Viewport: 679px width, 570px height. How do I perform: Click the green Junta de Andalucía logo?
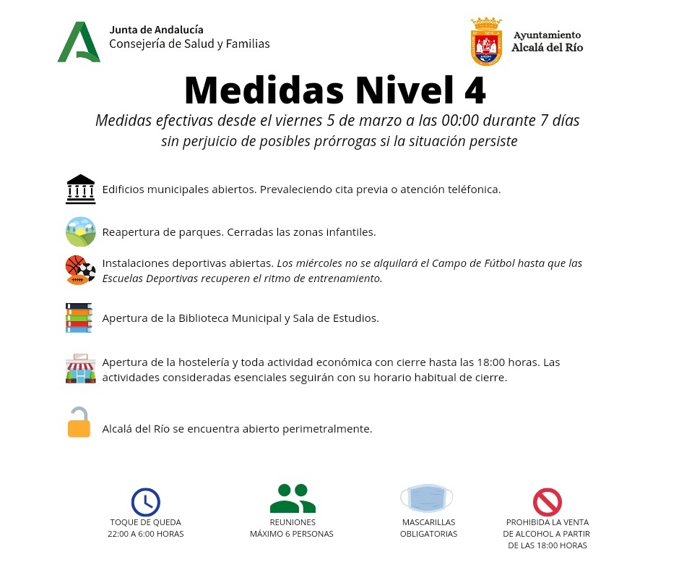(79, 42)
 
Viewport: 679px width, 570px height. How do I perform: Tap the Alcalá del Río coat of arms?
(486, 42)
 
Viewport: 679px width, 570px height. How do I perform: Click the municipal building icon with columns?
(80, 190)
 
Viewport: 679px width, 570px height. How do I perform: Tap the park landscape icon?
(80, 232)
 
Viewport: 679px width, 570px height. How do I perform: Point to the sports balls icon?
(80, 270)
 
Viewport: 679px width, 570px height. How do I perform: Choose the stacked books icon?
(79, 318)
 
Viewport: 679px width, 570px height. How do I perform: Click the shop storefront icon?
(79, 369)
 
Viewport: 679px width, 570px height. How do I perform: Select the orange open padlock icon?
(79, 423)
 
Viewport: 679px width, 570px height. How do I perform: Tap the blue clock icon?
(145, 501)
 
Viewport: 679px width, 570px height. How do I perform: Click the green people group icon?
(292, 498)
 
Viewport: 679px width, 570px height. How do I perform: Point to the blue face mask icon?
(426, 498)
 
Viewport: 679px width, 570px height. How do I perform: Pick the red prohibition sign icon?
(547, 501)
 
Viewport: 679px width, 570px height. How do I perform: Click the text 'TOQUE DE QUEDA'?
(145, 522)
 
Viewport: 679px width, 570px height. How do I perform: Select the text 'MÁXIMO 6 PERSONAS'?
(292, 534)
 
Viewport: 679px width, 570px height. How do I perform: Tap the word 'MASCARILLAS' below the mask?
(428, 522)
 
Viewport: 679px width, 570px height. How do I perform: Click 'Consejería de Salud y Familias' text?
(189, 44)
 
